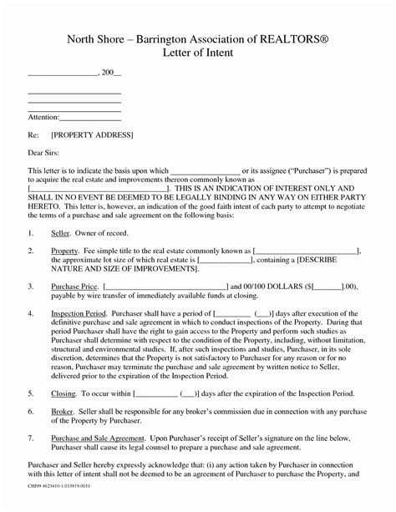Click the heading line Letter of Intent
click(x=198, y=55)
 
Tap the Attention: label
click(x=44, y=117)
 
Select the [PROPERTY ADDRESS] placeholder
click(x=92, y=134)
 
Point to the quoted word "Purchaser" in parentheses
click(x=310, y=170)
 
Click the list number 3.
click(x=30, y=286)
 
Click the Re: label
click(x=33, y=134)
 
